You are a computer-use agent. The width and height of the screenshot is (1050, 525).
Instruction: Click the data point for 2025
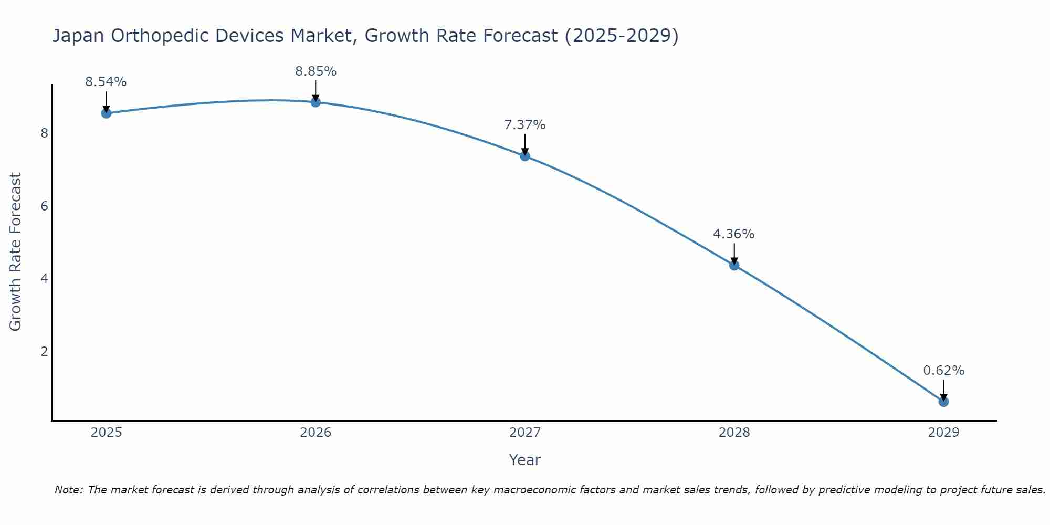[106, 113]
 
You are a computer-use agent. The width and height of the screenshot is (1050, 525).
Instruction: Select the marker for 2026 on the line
[316, 102]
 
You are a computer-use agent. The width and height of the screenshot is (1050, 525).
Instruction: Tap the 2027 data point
[525, 156]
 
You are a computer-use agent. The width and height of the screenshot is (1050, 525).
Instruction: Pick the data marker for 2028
[734, 265]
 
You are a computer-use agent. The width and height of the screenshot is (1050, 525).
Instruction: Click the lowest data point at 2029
[943, 402]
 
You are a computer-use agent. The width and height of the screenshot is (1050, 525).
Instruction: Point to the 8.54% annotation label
[106, 82]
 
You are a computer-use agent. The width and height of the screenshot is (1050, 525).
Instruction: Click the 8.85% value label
[316, 71]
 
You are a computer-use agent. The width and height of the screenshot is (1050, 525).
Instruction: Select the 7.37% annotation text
[525, 125]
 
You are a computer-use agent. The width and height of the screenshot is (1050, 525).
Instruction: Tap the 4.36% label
[734, 234]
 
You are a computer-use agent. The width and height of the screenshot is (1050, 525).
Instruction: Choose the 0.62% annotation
[943, 371]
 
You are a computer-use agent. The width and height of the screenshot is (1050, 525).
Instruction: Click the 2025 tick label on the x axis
[106, 433]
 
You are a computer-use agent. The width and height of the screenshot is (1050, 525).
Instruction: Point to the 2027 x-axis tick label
[525, 433]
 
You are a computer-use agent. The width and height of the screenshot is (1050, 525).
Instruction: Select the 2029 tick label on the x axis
[943, 433]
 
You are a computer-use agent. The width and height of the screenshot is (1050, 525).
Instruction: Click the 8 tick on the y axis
[44, 133]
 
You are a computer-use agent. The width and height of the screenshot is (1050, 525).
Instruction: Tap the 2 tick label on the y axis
[44, 351]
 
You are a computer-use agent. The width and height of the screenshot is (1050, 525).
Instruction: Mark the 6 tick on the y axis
[44, 206]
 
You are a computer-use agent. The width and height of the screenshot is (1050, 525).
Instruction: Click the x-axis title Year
[525, 460]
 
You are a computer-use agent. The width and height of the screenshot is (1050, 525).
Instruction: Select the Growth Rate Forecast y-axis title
[16, 252]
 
